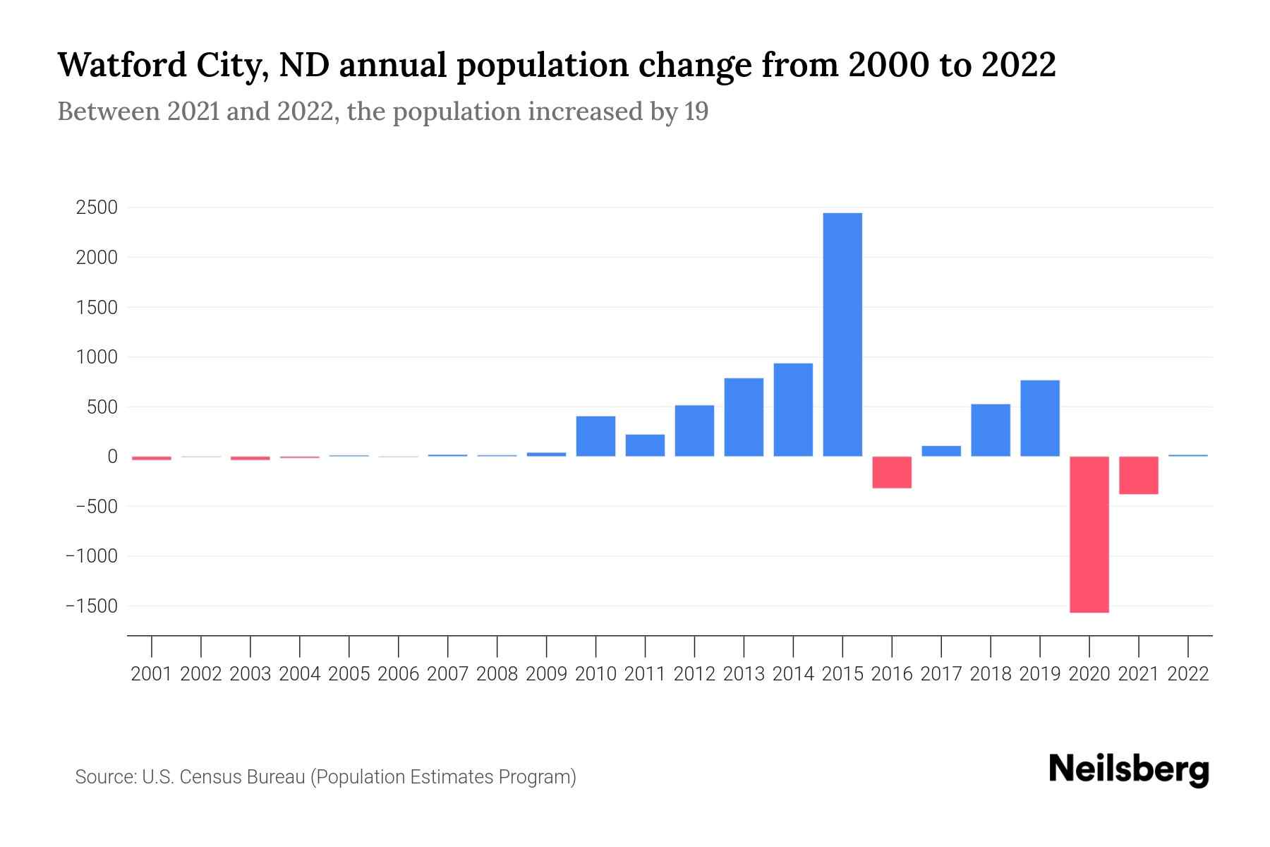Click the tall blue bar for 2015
tap(842, 335)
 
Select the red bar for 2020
tap(1089, 534)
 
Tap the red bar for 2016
tap(892, 472)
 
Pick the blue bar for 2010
tap(595, 436)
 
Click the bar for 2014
tap(793, 409)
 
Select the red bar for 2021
tap(1139, 475)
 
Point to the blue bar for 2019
tap(1040, 418)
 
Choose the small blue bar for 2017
tap(941, 451)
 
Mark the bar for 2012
tap(694, 431)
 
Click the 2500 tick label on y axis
tap(97, 208)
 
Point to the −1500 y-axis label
tap(92, 606)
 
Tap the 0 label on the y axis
tap(112, 457)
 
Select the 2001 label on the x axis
tap(152, 674)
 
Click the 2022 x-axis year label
tap(1188, 674)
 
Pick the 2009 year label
tap(546, 674)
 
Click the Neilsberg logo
tap(1129, 769)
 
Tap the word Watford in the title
tap(121, 65)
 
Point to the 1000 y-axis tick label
tap(97, 357)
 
